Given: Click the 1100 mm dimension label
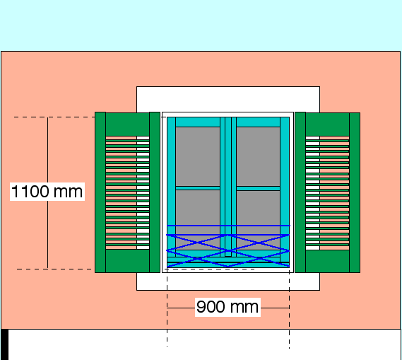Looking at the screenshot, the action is click(x=47, y=192).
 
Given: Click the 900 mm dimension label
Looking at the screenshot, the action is click(x=227, y=307).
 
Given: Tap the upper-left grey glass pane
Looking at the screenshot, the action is click(x=198, y=156).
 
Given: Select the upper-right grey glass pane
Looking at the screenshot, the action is click(x=258, y=156).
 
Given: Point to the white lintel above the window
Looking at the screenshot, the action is click(x=228, y=99).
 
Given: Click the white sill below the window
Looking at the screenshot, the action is click(x=228, y=281).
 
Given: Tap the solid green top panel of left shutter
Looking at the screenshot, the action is click(x=127, y=124).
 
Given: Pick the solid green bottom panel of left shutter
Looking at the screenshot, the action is click(x=127, y=261).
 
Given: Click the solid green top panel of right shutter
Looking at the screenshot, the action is click(x=327, y=124).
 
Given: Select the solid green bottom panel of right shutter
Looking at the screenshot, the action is click(x=327, y=261).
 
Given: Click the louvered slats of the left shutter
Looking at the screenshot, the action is click(x=127, y=192).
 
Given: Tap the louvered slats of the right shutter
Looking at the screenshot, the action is click(x=327, y=193).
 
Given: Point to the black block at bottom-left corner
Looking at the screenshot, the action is click(x=5, y=344).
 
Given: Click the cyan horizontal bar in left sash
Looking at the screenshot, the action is click(x=198, y=188).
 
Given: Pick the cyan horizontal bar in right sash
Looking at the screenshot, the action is click(x=258, y=188).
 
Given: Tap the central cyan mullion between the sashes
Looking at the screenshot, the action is click(x=228, y=187).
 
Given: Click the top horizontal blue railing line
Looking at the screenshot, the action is click(x=228, y=226).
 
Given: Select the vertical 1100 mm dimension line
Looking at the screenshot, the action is click(x=47, y=193).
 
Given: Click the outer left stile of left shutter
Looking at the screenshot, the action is click(x=100, y=192).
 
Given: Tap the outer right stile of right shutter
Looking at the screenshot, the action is click(x=355, y=192).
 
